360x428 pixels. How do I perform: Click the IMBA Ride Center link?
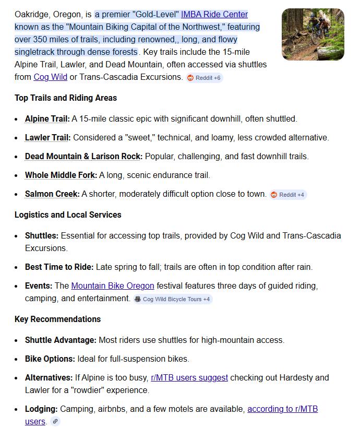214,14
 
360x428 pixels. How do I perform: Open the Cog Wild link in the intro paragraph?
51,77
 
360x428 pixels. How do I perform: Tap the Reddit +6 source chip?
205,78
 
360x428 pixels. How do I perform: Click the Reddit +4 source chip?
289,195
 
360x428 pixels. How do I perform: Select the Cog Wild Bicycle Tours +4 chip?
172,299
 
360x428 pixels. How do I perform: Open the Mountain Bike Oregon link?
113,286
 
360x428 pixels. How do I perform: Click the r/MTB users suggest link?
189,377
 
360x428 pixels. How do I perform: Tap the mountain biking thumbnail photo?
313,34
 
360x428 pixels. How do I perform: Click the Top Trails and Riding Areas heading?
66,98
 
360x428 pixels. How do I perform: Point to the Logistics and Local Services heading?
68,215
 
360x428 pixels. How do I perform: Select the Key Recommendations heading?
57,319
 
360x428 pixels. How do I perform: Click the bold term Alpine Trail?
47,119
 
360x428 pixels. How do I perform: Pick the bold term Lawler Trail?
48,138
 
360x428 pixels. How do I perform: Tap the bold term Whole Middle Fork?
61,175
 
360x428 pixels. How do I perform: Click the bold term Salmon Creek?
52,194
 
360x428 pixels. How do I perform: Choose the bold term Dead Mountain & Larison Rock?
83,157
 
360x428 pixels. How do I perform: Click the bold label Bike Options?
50,359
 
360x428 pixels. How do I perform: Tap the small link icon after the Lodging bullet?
55,422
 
